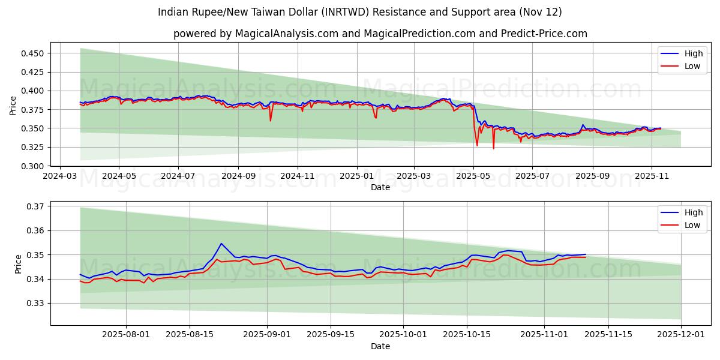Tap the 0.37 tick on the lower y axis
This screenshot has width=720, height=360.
(37, 206)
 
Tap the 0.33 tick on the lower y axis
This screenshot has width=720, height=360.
(37, 304)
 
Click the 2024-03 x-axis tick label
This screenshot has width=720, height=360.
(59, 176)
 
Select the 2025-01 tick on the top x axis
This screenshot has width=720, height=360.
(357, 176)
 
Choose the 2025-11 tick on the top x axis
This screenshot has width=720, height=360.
(652, 176)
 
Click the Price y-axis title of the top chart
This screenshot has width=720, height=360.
(13, 106)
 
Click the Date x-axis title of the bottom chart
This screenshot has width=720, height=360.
(380, 346)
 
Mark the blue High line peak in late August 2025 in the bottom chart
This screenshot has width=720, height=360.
(221, 244)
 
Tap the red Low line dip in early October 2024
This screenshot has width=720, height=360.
(270, 121)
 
